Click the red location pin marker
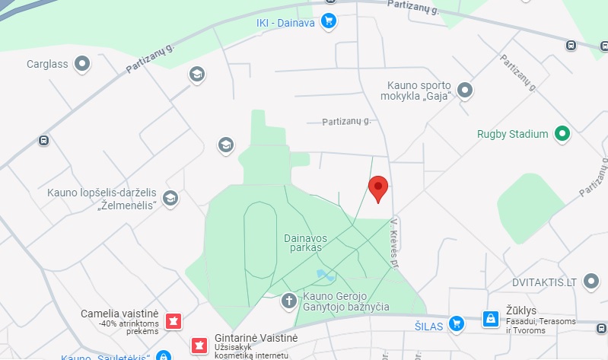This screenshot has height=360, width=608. pos(378,187)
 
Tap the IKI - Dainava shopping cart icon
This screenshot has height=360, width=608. pos(329,21)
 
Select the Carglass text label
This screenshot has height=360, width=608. pos(48,64)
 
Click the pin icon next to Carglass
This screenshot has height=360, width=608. pos(81,64)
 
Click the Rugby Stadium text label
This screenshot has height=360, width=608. pos(512,135)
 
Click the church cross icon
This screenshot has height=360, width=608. pos(289,301)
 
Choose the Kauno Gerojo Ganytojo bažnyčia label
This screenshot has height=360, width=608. pos(346,301)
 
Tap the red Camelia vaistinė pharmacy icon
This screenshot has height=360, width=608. pos(173,320)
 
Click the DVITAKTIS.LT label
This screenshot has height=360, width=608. pos(543,282)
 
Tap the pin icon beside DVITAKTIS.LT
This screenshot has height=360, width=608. pos(590,282)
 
